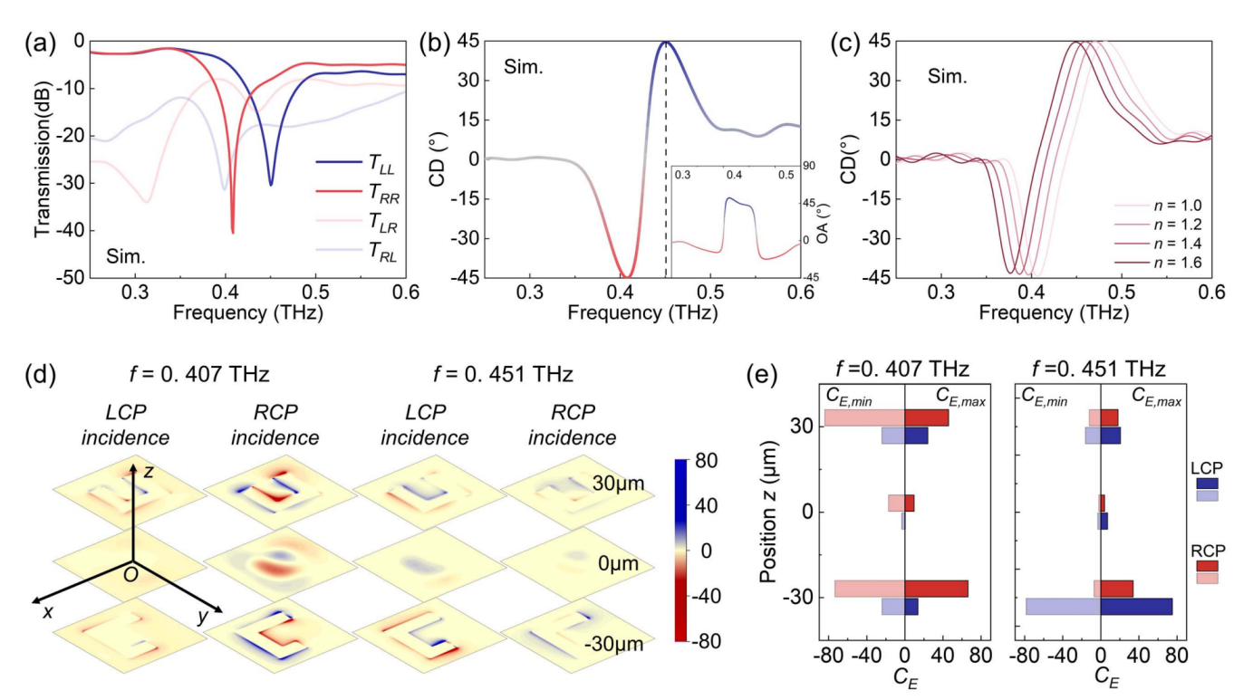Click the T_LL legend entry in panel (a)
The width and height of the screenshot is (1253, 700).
[358, 163]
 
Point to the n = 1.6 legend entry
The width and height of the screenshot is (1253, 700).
[1157, 263]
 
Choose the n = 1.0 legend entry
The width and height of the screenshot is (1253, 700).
[1157, 206]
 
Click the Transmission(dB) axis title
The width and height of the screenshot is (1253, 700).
[43, 160]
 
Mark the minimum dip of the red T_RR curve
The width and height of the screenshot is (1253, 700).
[233, 233]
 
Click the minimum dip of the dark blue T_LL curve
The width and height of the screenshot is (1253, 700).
[271, 185]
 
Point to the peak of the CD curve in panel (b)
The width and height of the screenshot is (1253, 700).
[665, 42]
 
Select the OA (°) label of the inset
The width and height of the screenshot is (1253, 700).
[823, 223]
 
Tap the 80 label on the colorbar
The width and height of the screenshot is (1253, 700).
[706, 461]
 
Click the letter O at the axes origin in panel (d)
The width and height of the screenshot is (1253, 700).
[130, 575]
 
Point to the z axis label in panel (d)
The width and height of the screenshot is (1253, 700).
[149, 473]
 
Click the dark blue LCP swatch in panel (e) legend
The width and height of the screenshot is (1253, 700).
[1207, 484]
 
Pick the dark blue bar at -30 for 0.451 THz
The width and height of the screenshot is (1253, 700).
[1136, 607]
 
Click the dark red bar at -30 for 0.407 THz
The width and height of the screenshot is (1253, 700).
[937, 589]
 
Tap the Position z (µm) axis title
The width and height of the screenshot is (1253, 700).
[768, 512]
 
